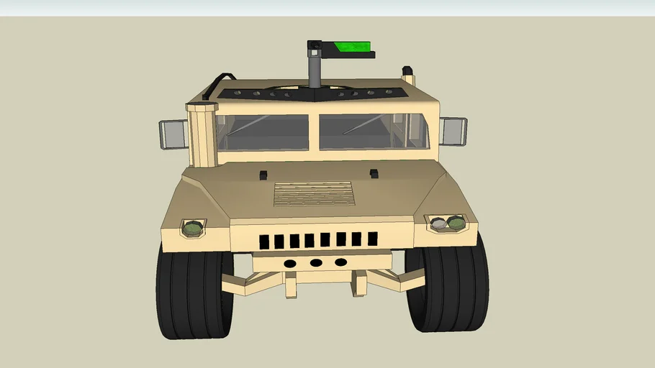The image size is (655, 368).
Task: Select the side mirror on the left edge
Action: pos(173,134)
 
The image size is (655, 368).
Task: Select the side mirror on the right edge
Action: pos(453,132)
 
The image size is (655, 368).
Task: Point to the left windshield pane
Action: pos(263,132)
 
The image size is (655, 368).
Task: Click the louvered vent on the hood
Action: pos(314,193)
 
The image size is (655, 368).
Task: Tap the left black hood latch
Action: pos(263,174)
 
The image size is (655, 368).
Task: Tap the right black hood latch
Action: pos(374,172)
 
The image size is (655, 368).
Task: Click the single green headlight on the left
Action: pos(193,229)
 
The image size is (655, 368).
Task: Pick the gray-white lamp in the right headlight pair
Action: pos(439,224)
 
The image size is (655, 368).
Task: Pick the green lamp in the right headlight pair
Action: pos(456,224)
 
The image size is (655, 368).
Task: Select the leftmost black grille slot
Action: pos(263,241)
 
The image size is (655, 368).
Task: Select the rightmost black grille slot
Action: pos(373,239)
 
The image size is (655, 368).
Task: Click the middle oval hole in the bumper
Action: pos(316,263)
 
